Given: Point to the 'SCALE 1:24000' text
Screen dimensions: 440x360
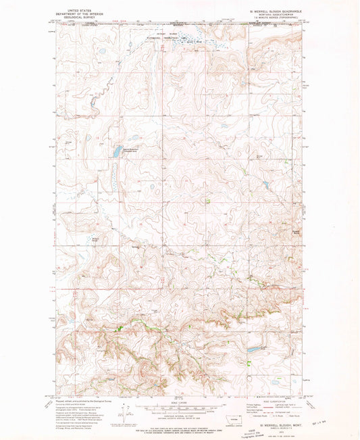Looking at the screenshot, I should tap(180, 401).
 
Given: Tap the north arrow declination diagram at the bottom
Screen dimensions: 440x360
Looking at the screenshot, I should tap(126, 411).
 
